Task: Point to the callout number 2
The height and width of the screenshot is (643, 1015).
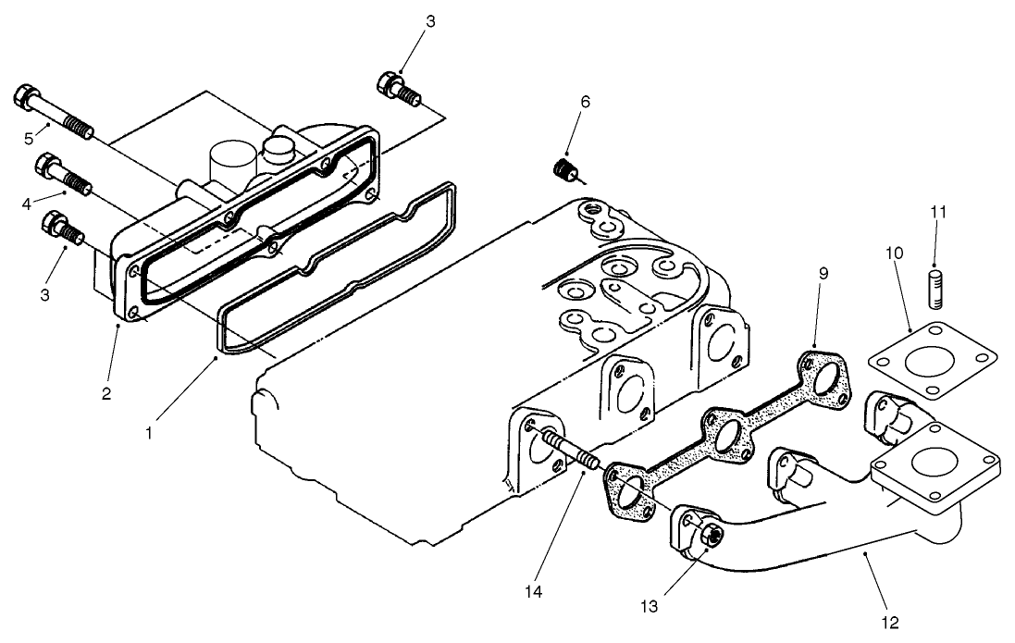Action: [107, 393]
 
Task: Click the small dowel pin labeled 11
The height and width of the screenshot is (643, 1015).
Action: [935, 282]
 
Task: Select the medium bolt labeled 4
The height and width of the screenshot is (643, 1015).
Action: [63, 174]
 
